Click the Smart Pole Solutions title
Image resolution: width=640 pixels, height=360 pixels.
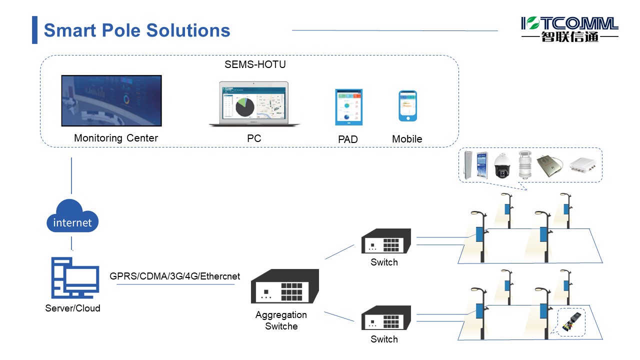(x=137, y=30)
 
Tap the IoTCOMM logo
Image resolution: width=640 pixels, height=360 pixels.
(x=569, y=29)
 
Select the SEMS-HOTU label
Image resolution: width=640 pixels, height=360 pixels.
(x=255, y=64)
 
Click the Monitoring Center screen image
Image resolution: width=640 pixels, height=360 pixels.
(x=111, y=100)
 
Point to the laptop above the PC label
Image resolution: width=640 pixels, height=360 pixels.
(x=254, y=104)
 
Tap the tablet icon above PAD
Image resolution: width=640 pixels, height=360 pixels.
(x=348, y=107)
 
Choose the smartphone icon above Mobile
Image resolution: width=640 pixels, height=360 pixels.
(x=407, y=106)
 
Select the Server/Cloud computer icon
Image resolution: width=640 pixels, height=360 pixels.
(x=75, y=278)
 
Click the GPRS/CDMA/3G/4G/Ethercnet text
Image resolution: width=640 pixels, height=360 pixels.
(x=175, y=276)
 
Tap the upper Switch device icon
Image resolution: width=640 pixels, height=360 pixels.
(x=386, y=241)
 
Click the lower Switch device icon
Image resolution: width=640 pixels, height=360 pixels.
(x=386, y=317)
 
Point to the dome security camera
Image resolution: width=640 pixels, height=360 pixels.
(x=502, y=166)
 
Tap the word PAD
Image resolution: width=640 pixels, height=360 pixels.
(x=348, y=139)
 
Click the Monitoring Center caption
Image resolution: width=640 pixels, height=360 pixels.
(x=116, y=138)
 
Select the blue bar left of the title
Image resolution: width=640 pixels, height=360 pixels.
(x=34, y=30)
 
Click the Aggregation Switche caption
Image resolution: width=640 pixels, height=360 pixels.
(x=281, y=320)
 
